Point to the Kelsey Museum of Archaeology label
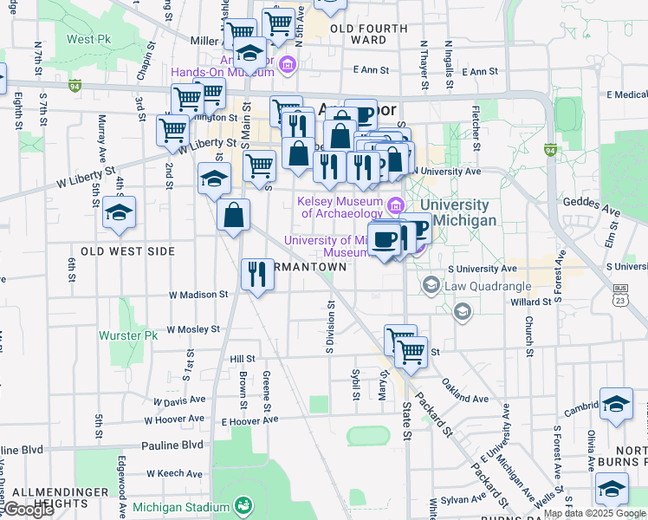pos(340,207)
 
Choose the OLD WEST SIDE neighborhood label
pos(127,251)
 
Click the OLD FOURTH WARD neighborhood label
pos(369,34)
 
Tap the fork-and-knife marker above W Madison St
pos(256,275)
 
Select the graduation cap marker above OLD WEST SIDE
pos(119,211)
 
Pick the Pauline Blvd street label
pos(173,445)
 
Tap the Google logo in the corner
pos(28,510)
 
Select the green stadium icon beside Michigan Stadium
pos(244,504)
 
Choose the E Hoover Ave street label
pos(249,419)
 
